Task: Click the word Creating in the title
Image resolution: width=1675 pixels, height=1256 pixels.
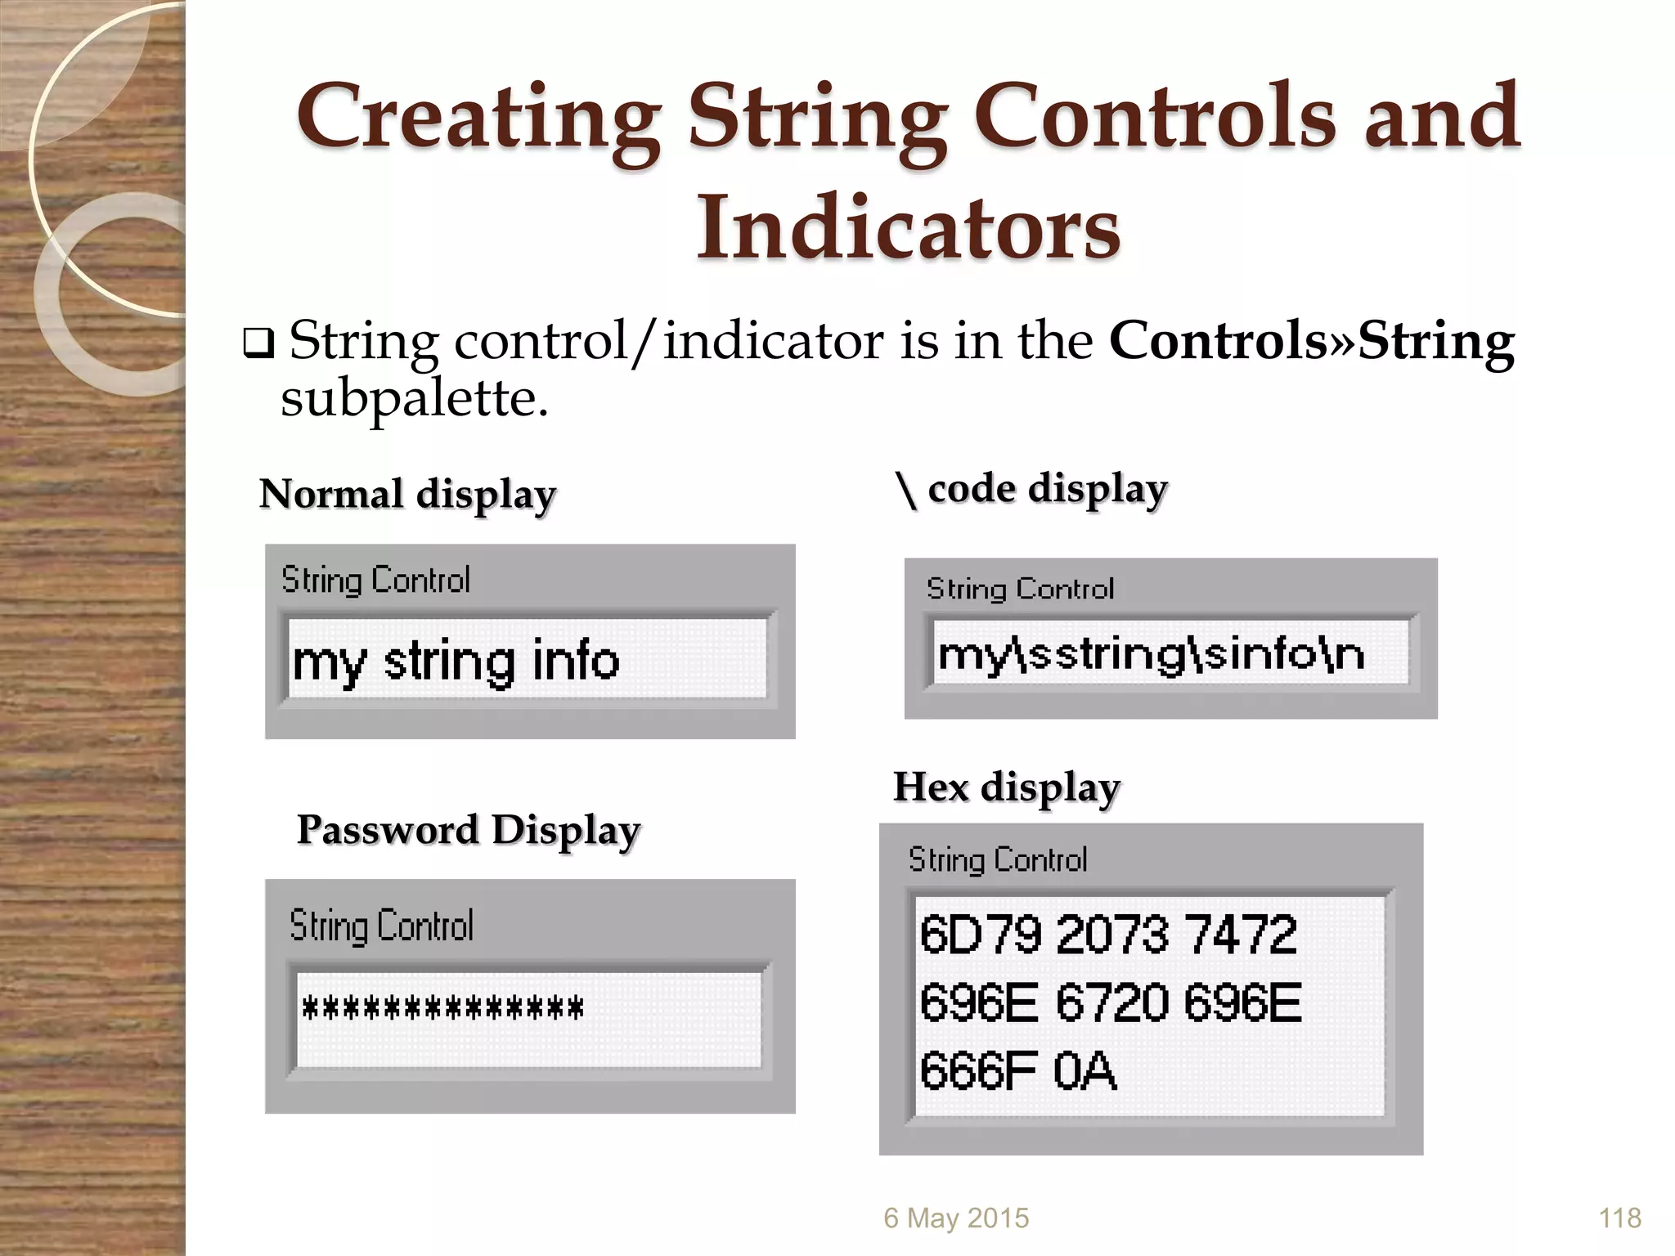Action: click(478, 119)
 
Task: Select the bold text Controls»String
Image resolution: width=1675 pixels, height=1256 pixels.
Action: click(1311, 342)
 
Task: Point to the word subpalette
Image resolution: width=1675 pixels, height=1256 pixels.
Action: click(414, 399)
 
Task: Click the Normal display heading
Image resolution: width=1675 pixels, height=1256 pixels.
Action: click(407, 495)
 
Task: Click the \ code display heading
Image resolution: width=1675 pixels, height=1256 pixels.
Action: click(1032, 490)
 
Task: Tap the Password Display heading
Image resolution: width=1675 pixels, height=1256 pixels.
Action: click(468, 831)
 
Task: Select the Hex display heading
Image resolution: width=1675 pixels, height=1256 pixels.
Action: click(1006, 788)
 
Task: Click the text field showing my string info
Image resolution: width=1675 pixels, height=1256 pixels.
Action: click(528, 659)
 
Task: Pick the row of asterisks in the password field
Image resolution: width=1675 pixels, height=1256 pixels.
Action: click(442, 1008)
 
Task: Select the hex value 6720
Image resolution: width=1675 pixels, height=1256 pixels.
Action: click(1112, 1003)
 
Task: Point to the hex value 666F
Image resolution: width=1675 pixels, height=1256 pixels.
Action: click(978, 1071)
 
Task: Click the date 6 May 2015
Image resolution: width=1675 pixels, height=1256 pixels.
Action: click(955, 1218)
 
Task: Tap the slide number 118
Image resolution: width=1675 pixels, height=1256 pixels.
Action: click(1619, 1218)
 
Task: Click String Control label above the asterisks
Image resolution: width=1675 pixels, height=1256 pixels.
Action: click(381, 926)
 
